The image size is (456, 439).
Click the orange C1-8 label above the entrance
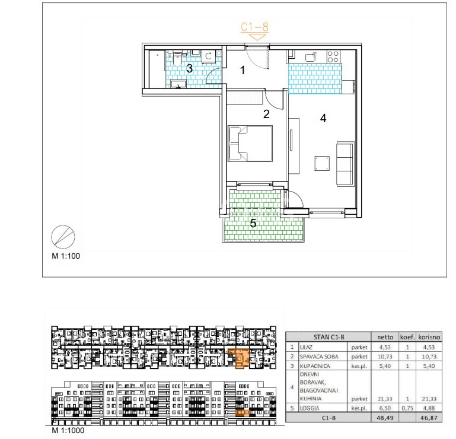point(254,27)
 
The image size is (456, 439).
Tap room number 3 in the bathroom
point(189,68)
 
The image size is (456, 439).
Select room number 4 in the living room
point(323,118)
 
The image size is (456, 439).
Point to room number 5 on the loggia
point(253,224)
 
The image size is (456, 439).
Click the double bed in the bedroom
point(250,144)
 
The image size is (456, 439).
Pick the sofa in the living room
point(346,164)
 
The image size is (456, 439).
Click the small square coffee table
point(322,163)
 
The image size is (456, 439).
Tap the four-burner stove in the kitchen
point(333,56)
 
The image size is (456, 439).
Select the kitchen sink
point(311,57)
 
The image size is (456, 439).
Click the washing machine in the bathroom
point(209,56)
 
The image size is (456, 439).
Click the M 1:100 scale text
point(66,256)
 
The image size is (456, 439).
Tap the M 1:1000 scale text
point(68,430)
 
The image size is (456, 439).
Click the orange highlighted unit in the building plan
point(238,358)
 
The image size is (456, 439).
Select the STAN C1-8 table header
point(329,337)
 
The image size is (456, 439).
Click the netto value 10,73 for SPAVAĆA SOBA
point(385,357)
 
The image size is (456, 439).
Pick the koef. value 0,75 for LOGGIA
point(407,408)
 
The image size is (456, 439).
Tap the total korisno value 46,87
point(429,418)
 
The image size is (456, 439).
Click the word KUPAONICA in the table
point(315,366)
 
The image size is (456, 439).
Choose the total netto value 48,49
point(385,418)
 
